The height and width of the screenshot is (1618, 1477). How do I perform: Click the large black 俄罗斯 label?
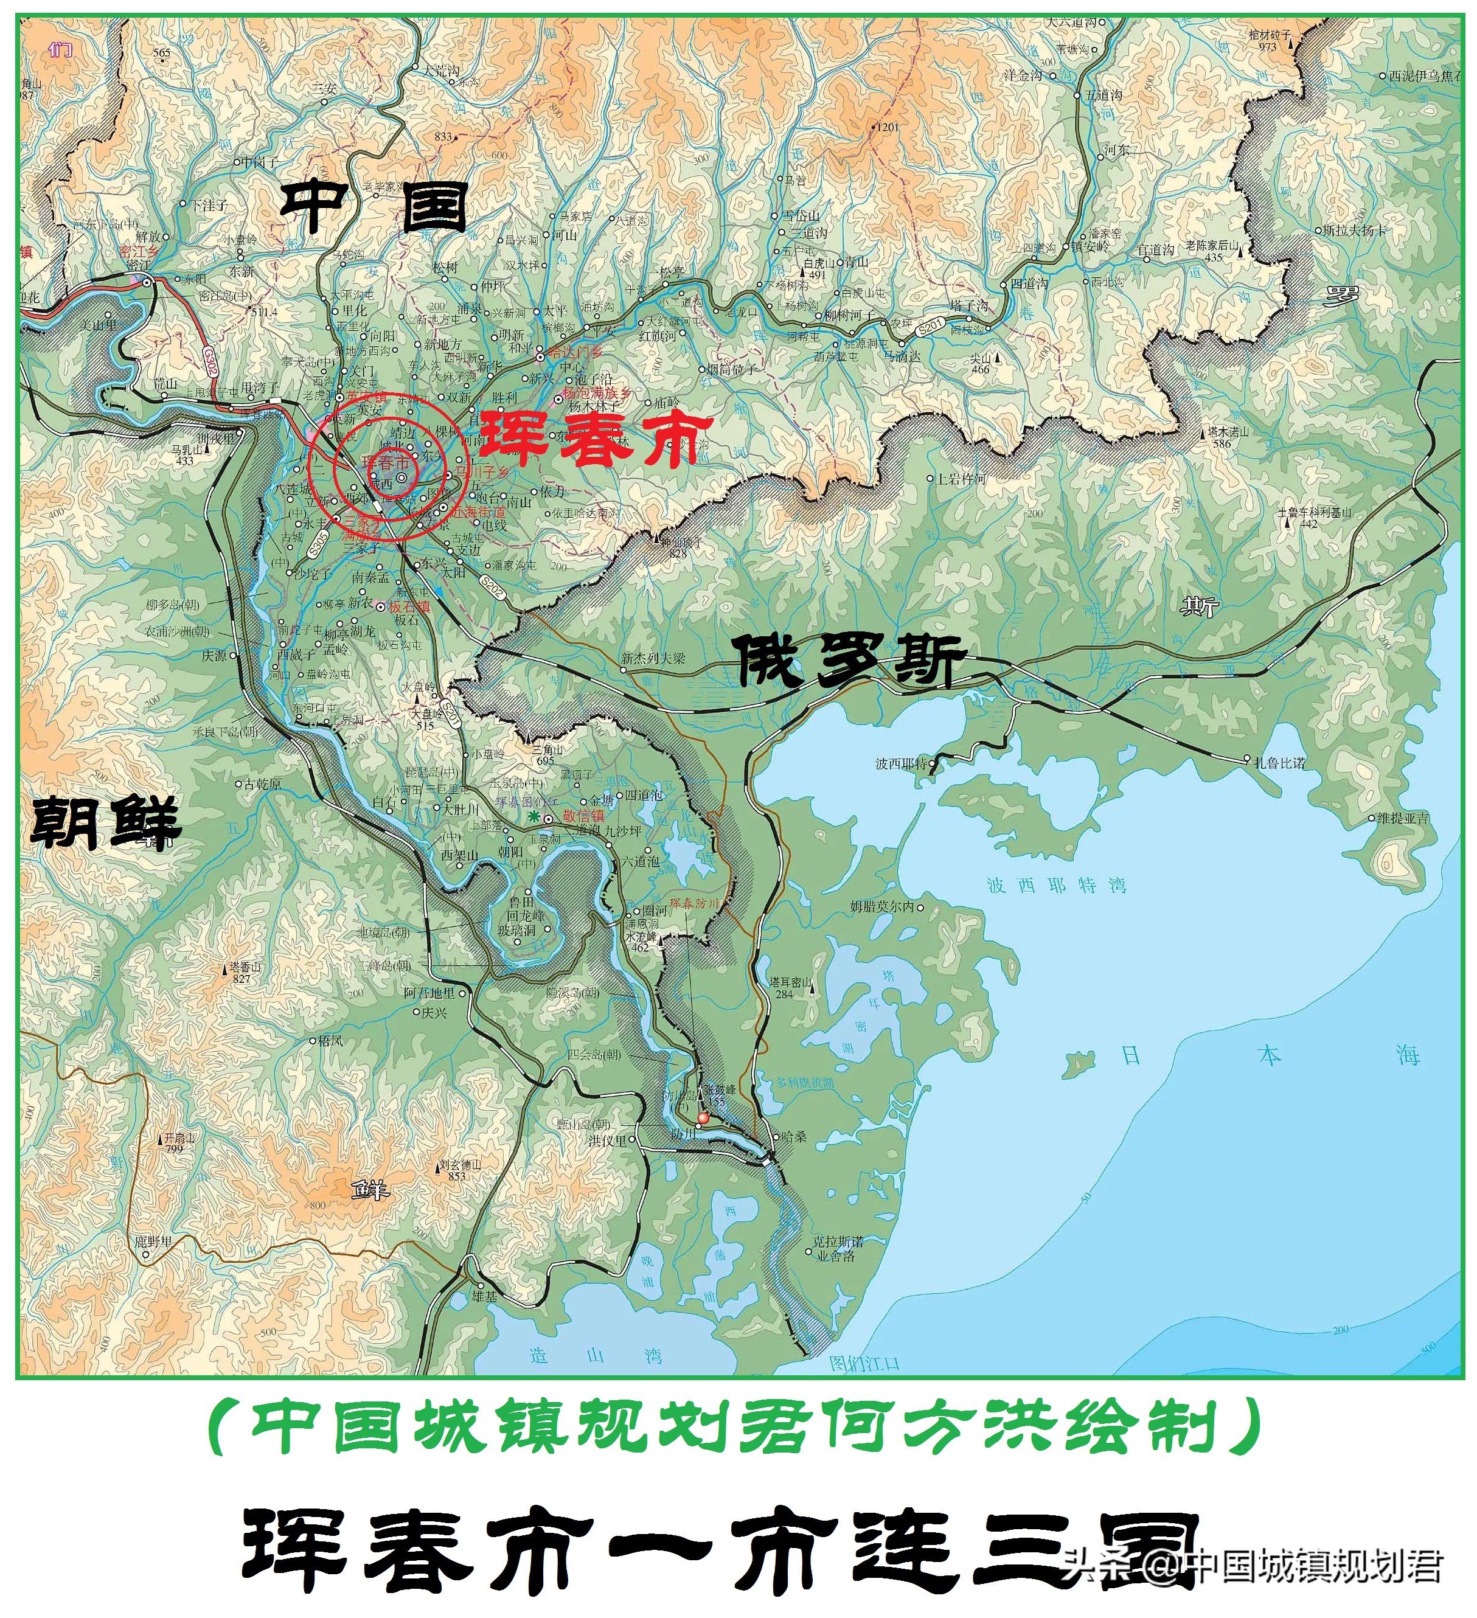[851, 661]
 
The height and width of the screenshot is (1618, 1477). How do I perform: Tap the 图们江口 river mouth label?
[864, 1363]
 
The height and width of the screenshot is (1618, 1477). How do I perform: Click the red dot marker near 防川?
[703, 1117]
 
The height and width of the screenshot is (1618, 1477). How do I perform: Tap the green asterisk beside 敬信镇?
[534, 816]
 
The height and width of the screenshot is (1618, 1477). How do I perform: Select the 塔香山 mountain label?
[245, 968]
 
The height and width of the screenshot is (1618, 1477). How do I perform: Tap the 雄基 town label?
[485, 1296]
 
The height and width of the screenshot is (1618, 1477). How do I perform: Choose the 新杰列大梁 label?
[653, 658]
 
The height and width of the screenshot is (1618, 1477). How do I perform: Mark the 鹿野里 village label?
[153, 1241]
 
